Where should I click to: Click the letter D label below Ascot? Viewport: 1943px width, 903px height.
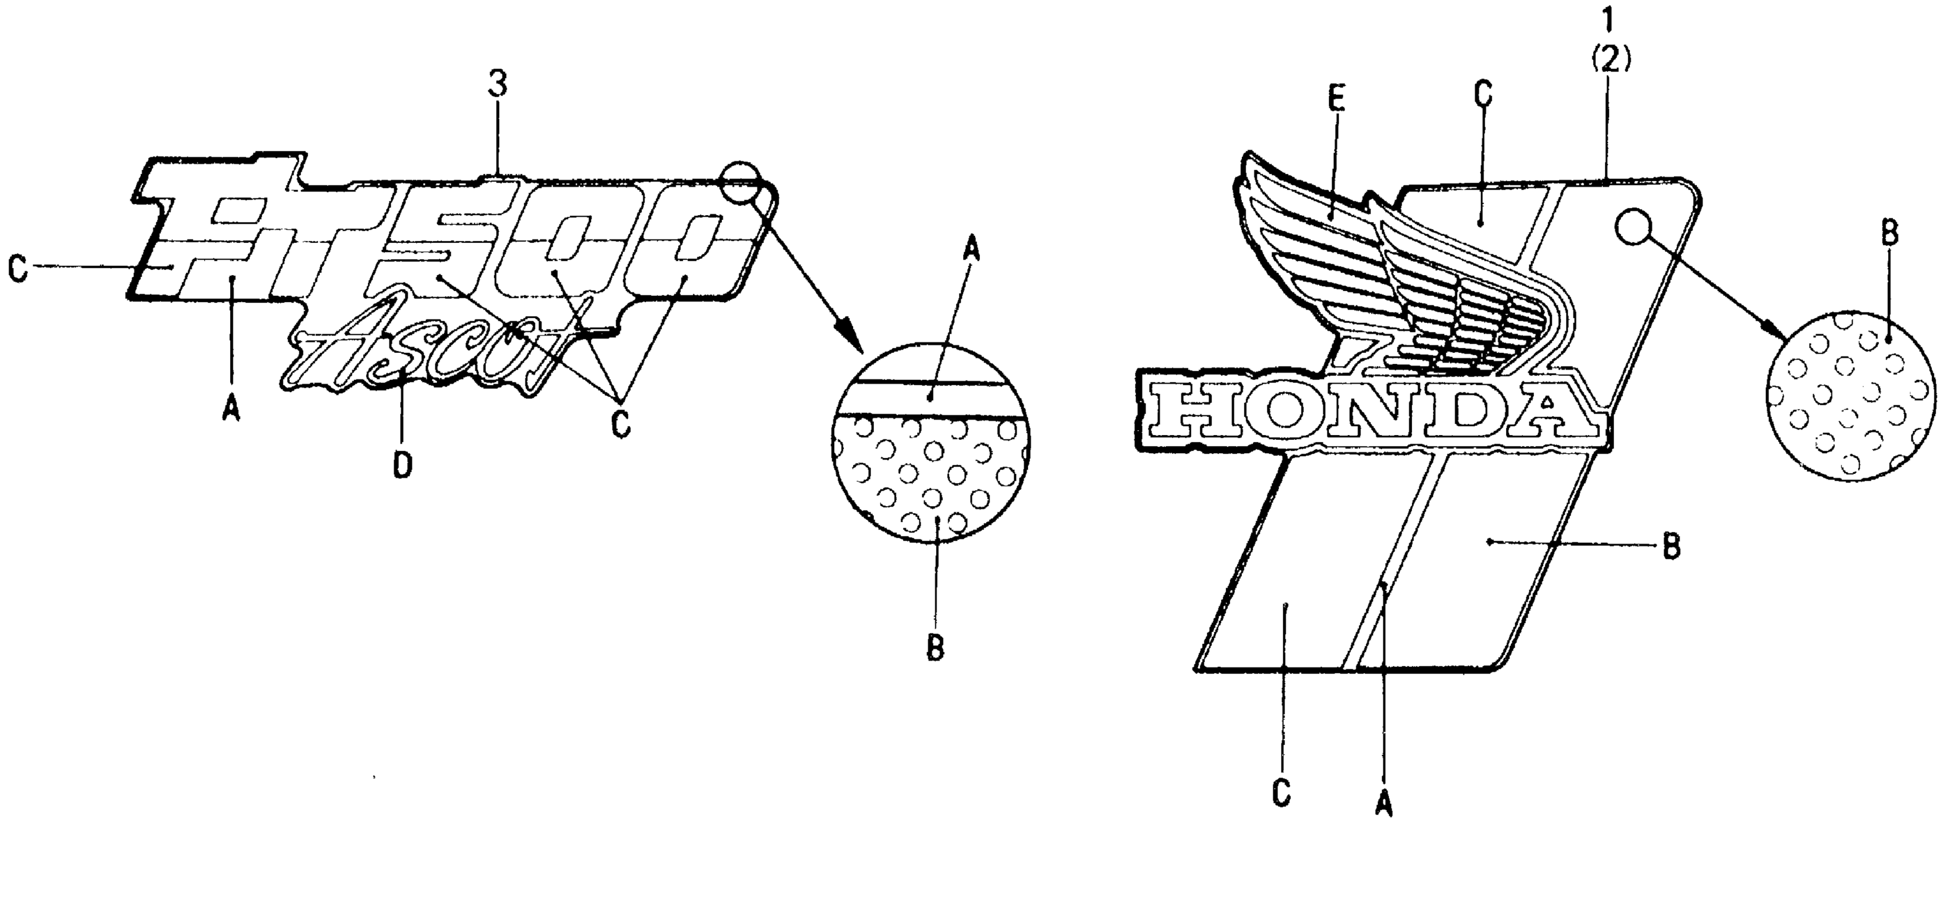point(403,466)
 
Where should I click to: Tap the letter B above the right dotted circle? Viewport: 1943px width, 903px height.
point(1889,234)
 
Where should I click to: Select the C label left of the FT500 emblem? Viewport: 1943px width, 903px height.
point(18,268)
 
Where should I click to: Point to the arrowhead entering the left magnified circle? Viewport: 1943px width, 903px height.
point(851,337)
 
